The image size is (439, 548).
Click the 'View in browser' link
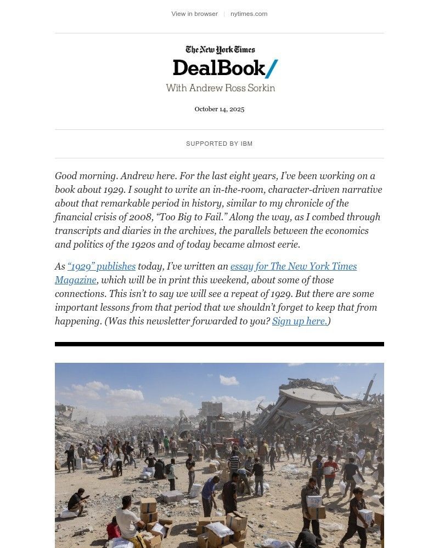pyautogui.click(x=194, y=14)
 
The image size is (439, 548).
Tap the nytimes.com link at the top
pyautogui.click(x=249, y=14)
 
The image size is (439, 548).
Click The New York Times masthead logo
pyautogui.click(x=220, y=50)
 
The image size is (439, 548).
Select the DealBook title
pyautogui.click(x=218, y=68)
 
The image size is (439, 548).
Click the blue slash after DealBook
pyautogui.click(x=272, y=68)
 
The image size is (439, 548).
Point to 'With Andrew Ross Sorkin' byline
pyautogui.click(x=220, y=88)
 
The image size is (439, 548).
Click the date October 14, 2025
pyautogui.click(x=219, y=109)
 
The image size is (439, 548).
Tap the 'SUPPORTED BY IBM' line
pyautogui.click(x=219, y=144)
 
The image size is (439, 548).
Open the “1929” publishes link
pyautogui.click(x=102, y=266)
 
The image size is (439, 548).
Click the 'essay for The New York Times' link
pyautogui.click(x=294, y=266)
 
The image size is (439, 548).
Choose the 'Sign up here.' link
pyautogui.click(x=300, y=321)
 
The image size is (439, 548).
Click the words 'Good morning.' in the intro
pyautogui.click(x=86, y=176)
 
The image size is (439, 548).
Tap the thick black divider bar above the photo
pyautogui.click(x=219, y=344)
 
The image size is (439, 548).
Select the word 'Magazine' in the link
pyautogui.click(x=76, y=280)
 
